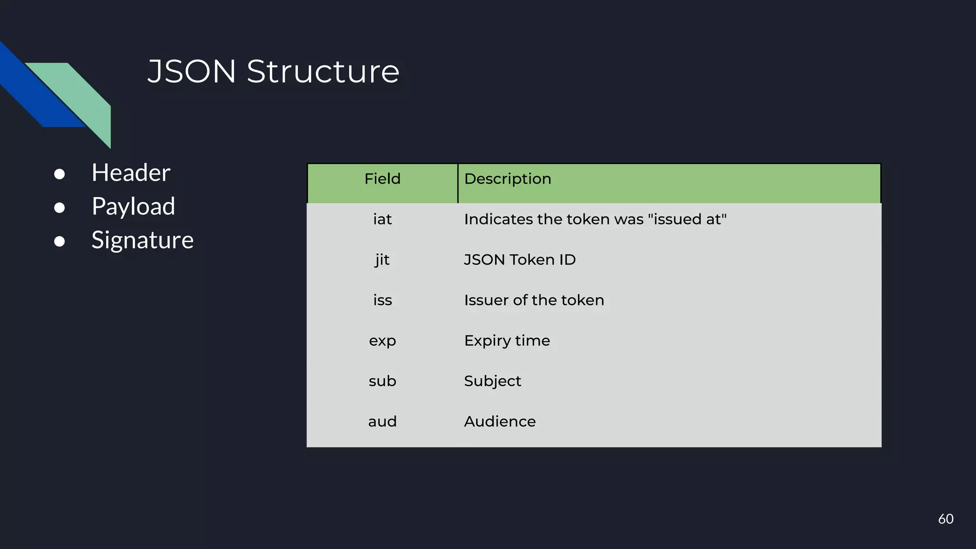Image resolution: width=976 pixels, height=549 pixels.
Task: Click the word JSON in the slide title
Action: [x=192, y=71]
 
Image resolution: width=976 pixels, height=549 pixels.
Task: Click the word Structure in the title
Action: [x=323, y=71]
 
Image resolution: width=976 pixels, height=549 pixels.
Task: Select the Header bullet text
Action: [x=131, y=173]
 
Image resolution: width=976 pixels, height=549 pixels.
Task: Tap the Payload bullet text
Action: [x=133, y=206]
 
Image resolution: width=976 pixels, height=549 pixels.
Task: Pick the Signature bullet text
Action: [x=142, y=240]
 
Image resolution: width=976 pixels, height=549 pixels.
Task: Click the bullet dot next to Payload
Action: [x=60, y=208]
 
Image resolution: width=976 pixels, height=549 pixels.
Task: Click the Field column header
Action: [x=382, y=179]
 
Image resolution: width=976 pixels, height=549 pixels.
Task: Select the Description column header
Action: [x=508, y=179]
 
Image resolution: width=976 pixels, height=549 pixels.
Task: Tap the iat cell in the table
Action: [x=382, y=219]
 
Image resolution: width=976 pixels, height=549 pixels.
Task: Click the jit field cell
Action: [x=382, y=260]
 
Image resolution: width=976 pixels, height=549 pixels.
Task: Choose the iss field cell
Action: [x=382, y=300]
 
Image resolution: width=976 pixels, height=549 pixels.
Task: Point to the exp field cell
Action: [x=382, y=341]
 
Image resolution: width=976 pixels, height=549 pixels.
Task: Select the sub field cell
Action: [x=382, y=381]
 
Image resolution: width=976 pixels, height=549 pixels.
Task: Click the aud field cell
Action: [x=382, y=422]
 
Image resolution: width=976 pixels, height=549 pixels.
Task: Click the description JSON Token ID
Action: [x=519, y=260]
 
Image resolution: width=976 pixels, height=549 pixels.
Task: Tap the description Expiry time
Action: [x=507, y=341]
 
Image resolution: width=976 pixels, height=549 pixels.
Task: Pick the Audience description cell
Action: [x=499, y=422]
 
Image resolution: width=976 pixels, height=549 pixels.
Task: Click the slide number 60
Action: [x=945, y=519]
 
